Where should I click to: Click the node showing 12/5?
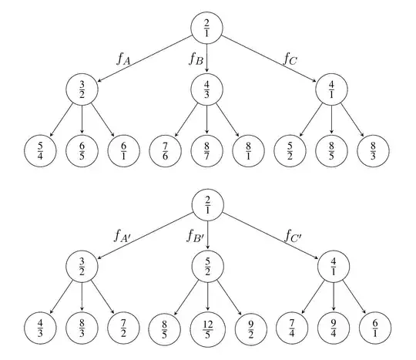pos(207,326)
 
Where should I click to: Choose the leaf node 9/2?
pos(248,326)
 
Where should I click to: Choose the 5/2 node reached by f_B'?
pos(207,267)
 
